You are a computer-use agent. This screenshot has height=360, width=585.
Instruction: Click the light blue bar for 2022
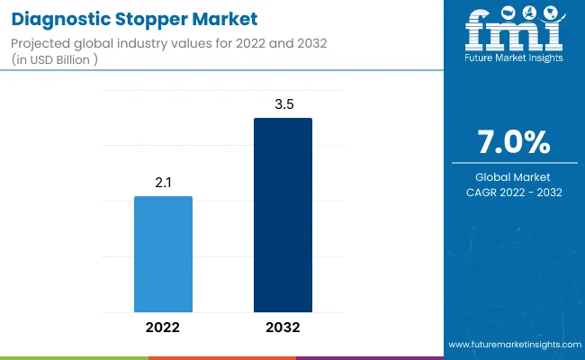tap(163, 254)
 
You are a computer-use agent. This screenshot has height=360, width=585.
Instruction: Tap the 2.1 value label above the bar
tap(163, 183)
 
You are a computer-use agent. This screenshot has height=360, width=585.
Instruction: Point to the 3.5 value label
tap(283, 104)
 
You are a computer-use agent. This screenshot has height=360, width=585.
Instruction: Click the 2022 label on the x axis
tap(163, 327)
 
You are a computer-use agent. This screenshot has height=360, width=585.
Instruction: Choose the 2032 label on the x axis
tap(283, 327)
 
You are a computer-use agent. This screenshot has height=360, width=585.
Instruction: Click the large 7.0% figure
tap(514, 143)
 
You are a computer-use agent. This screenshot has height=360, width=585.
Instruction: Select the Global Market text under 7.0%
tap(514, 176)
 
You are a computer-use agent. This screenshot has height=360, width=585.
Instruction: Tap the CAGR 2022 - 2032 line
tap(514, 192)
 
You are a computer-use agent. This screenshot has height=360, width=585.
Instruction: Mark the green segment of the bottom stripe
tap(74, 357)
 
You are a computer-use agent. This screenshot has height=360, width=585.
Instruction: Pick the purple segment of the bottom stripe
tap(369, 357)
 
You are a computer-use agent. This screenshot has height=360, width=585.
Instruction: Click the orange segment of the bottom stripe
tap(221, 357)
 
